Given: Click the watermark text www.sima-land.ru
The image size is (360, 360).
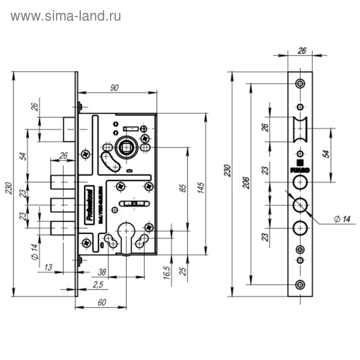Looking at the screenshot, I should (65, 16).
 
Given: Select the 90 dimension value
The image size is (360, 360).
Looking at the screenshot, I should (114, 87).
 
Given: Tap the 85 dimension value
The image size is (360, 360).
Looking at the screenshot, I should (182, 188).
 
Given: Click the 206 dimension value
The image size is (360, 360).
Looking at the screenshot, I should (245, 183).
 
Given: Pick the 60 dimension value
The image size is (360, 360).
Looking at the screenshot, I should (101, 303).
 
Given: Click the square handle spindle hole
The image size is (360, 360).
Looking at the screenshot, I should (125, 148).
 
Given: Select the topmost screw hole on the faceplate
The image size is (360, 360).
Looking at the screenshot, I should (300, 83).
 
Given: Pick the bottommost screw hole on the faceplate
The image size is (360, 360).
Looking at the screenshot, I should (300, 284).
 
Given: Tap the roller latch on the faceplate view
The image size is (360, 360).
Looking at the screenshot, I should (300, 130).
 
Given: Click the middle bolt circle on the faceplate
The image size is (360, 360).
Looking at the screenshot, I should (300, 205).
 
